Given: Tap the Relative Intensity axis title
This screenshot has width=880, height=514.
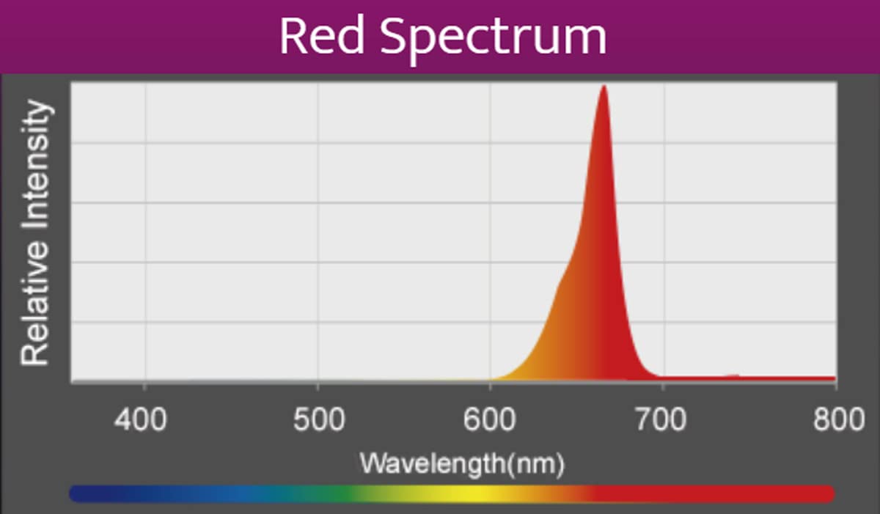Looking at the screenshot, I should coord(37,233).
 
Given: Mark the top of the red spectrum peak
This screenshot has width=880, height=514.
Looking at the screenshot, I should coord(604,87).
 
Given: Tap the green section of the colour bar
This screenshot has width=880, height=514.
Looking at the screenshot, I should coord(352,493).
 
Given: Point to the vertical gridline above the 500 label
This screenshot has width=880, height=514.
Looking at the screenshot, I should coord(318,220).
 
